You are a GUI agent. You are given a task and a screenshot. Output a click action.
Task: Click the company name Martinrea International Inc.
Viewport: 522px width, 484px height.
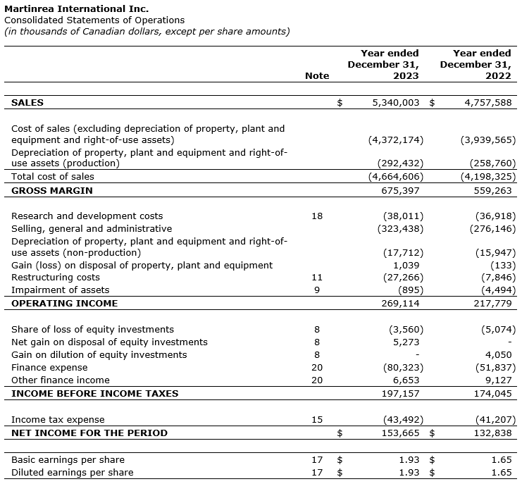tap(77, 8)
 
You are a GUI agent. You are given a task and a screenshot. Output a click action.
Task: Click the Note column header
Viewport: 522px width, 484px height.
tap(317, 75)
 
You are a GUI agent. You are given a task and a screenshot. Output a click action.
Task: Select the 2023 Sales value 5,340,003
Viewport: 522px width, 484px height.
tap(395, 102)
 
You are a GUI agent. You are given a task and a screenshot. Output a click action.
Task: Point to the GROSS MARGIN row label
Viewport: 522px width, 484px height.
tap(52, 190)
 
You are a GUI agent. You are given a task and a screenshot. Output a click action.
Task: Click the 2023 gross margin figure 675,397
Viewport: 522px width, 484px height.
tap(404, 190)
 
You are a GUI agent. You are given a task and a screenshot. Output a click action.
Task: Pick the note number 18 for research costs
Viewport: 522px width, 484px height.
tap(317, 216)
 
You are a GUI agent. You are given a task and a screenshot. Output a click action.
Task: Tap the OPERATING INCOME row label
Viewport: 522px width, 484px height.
tap(65, 303)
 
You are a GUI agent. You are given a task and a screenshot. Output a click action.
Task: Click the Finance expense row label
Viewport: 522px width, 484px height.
tap(49, 367)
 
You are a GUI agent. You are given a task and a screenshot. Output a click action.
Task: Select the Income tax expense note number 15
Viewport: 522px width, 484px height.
tap(317, 420)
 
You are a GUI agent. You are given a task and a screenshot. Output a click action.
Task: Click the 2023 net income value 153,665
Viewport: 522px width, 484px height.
tap(404, 433)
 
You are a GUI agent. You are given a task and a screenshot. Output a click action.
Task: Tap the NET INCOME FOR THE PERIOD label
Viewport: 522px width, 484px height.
tap(89, 433)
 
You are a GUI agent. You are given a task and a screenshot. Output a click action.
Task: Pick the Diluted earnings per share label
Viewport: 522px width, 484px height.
tap(72, 472)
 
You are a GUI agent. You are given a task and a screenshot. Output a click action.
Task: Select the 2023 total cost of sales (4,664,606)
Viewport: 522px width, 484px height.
tap(396, 176)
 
